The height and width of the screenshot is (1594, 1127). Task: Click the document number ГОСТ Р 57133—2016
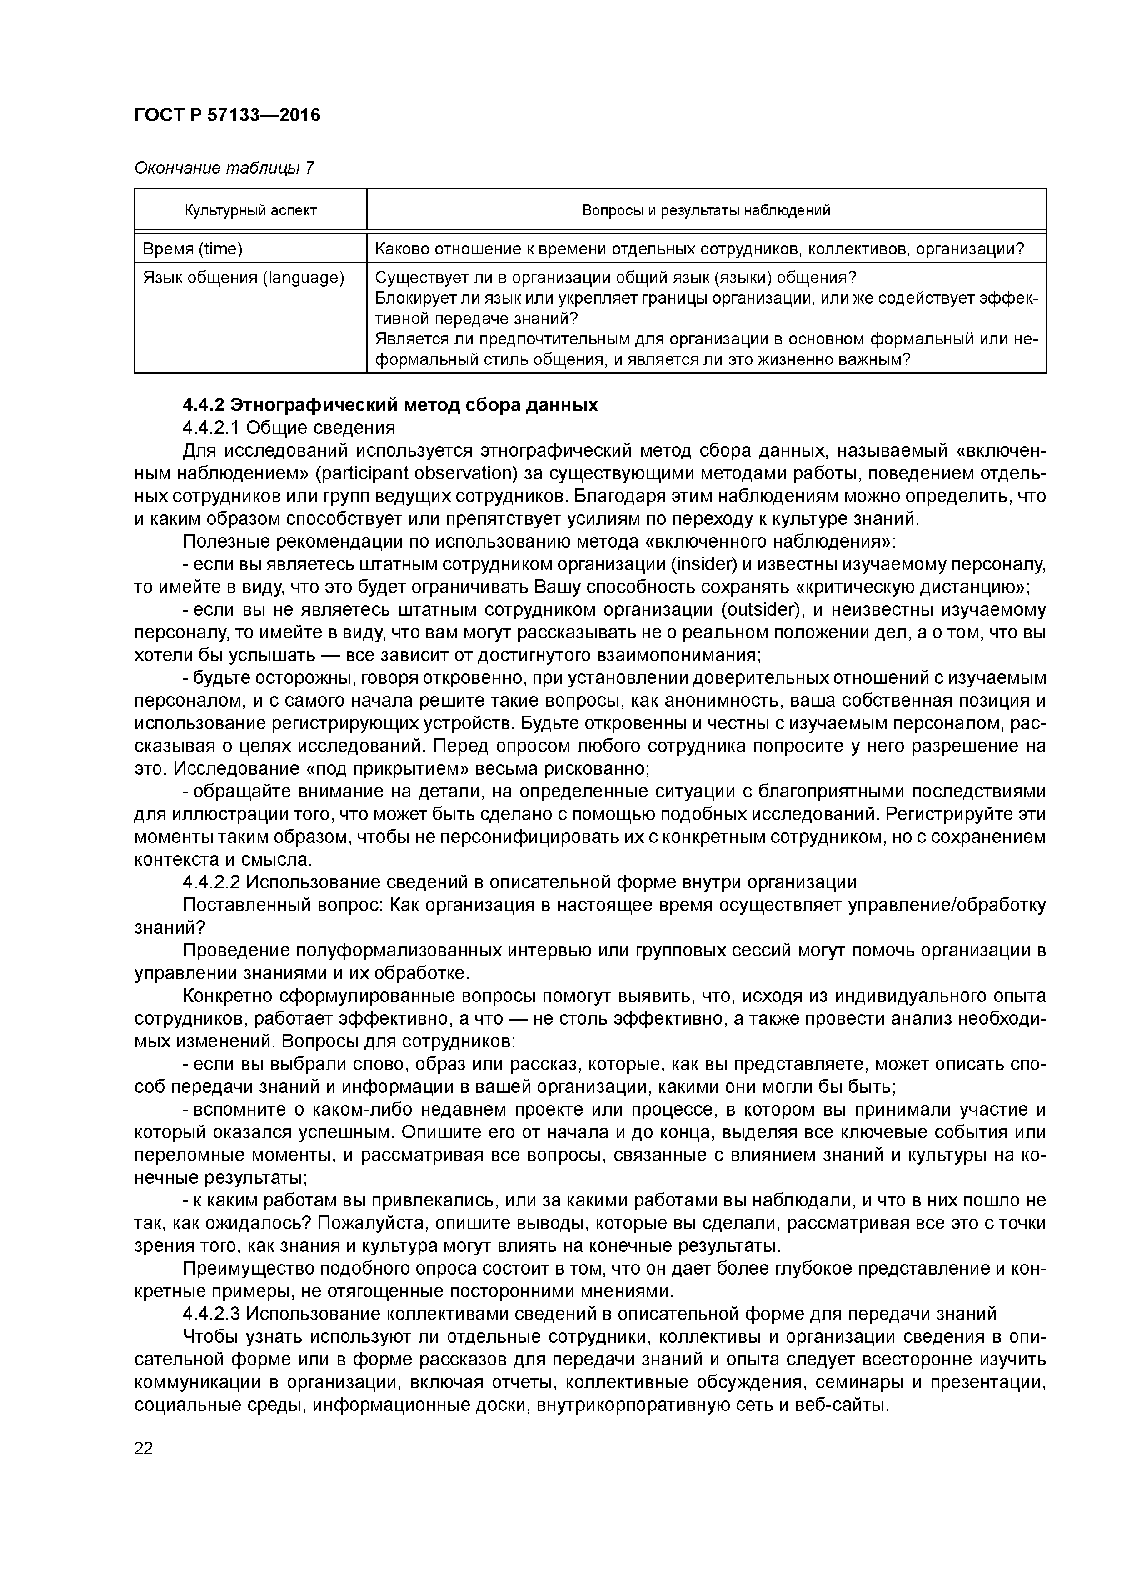pos(227,115)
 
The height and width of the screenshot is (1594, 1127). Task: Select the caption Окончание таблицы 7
pos(224,168)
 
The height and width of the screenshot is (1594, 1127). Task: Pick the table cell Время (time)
pos(192,249)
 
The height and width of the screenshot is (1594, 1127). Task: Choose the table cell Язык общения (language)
pos(243,278)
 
